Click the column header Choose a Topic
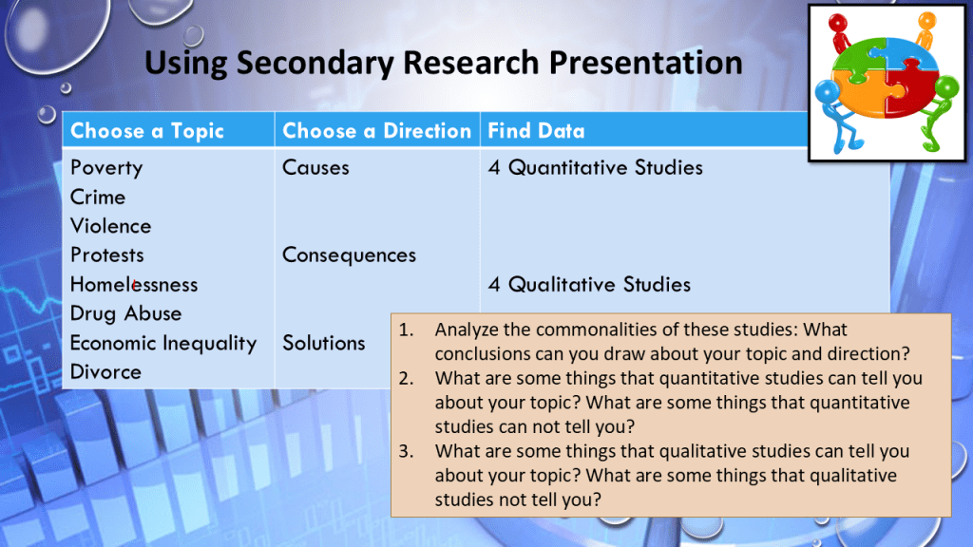[147, 131]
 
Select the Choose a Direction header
[376, 131]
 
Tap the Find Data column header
[536, 131]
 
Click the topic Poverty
[106, 168]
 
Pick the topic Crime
[98, 198]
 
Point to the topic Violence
[110, 226]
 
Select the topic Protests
[106, 255]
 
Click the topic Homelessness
[133, 284]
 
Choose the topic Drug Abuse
[125, 313]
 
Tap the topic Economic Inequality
[163, 343]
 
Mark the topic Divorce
[105, 372]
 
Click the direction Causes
[315, 167]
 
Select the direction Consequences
[349, 255]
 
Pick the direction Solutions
[323, 343]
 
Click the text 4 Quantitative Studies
[595, 167]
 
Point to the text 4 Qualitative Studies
[589, 284]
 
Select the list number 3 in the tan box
[406, 451]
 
